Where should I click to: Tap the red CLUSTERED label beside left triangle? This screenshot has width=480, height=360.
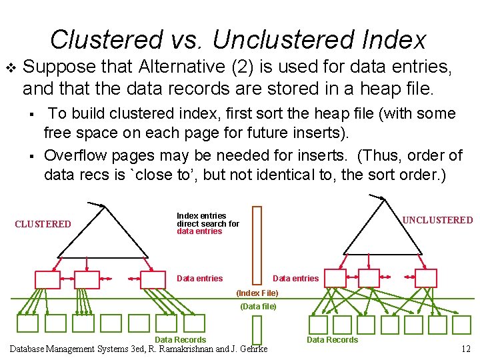pyautogui.click(x=43, y=224)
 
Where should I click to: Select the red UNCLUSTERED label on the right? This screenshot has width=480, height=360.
pyautogui.click(x=437, y=220)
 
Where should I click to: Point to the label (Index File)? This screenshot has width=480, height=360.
pyautogui.click(x=257, y=293)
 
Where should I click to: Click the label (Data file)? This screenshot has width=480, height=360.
pyautogui.click(x=257, y=307)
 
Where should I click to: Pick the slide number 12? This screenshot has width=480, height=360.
pyautogui.click(x=465, y=349)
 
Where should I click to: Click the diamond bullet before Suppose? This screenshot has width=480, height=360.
pyautogui.click(x=10, y=67)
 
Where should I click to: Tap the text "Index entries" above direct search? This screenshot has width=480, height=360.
pyautogui.click(x=201, y=216)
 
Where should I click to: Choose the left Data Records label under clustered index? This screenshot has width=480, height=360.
pyautogui.click(x=180, y=340)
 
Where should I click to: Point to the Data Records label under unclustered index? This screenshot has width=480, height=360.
pyautogui.click(x=332, y=340)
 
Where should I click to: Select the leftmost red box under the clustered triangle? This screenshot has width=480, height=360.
pyautogui.click(x=47, y=279)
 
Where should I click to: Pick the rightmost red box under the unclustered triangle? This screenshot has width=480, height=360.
pyautogui.click(x=425, y=278)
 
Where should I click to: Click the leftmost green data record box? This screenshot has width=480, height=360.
pyautogui.click(x=27, y=323)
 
